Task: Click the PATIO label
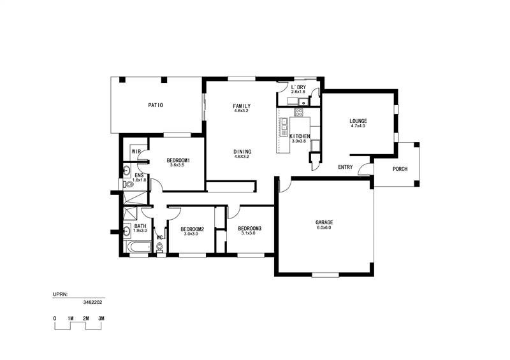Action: click(x=156, y=105)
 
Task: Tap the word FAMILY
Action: click(x=242, y=106)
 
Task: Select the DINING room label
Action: click(x=242, y=152)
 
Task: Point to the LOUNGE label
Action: click(x=358, y=121)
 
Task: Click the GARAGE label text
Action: click(x=324, y=222)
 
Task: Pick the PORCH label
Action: click(x=400, y=169)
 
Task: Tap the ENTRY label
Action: click(x=346, y=167)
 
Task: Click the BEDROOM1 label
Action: click(x=178, y=161)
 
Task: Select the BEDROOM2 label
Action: click(x=193, y=229)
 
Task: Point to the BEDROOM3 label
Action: click(x=249, y=228)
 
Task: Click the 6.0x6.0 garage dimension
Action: click(x=324, y=227)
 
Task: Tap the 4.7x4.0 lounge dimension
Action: click(x=358, y=126)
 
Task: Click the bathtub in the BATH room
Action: click(x=139, y=247)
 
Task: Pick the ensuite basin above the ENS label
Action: click(x=126, y=170)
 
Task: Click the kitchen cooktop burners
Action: click(x=298, y=113)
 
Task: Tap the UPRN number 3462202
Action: click(x=92, y=302)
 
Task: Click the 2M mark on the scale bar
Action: click(x=86, y=319)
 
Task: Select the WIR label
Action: click(x=136, y=152)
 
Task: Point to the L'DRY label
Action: click(x=298, y=87)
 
